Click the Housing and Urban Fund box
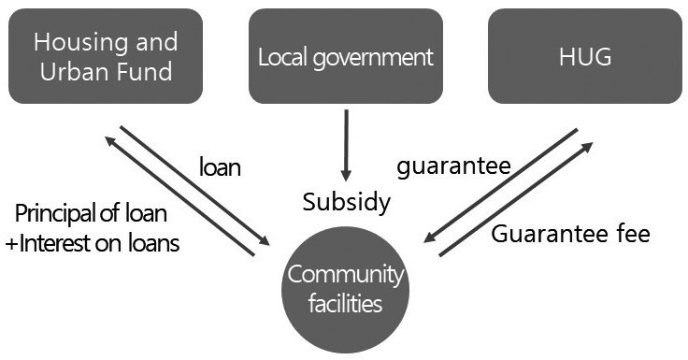coord(106,56)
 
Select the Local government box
coord(346,56)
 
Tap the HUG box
coord(584,56)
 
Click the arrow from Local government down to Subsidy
coord(346,145)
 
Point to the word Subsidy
coord(346,203)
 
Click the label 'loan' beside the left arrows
coord(221,168)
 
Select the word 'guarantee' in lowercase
coord(453,167)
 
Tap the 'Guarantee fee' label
coord(570,234)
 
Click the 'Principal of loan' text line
coord(92,213)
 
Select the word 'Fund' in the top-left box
coord(150,71)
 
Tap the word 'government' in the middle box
coord(378,57)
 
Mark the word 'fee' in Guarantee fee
coord(631,234)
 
